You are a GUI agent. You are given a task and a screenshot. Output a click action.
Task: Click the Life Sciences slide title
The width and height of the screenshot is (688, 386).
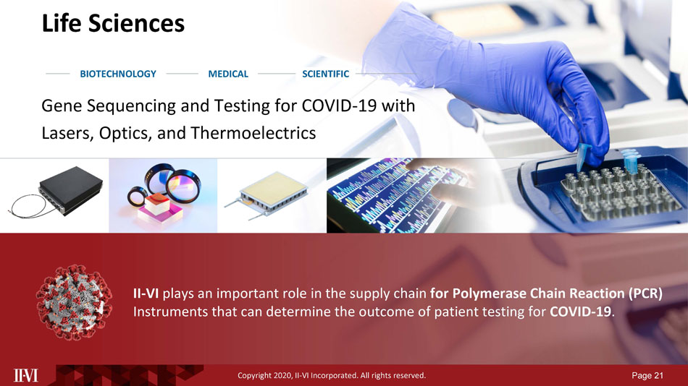click(113, 23)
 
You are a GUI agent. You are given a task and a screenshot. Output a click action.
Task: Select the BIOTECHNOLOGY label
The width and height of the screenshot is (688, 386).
click(118, 74)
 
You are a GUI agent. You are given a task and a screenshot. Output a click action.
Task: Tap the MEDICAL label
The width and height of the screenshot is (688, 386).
click(228, 74)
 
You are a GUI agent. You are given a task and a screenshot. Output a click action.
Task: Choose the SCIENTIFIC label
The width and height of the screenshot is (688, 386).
click(326, 74)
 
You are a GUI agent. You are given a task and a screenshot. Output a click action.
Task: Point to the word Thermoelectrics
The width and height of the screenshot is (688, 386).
click(253, 133)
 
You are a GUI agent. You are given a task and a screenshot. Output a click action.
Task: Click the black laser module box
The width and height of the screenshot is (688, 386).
click(70, 191)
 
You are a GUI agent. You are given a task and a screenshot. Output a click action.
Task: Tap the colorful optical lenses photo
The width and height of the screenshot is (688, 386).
click(163, 195)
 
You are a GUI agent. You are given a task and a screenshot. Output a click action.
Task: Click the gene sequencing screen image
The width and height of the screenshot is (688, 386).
click(395, 195)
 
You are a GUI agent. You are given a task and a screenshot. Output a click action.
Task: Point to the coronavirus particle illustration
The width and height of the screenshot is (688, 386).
click(74, 302)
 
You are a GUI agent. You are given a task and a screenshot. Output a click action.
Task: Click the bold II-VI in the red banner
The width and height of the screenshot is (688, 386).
click(146, 293)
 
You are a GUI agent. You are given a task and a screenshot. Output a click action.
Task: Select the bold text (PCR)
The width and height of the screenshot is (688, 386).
click(645, 293)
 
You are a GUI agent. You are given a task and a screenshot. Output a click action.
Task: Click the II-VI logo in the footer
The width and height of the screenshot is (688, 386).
click(26, 375)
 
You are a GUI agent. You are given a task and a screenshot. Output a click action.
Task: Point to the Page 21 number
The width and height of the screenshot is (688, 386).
click(647, 375)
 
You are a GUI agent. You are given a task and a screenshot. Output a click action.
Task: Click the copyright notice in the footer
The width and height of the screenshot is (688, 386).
click(332, 375)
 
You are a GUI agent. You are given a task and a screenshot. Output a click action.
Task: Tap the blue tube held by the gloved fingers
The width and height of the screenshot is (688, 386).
click(583, 155)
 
